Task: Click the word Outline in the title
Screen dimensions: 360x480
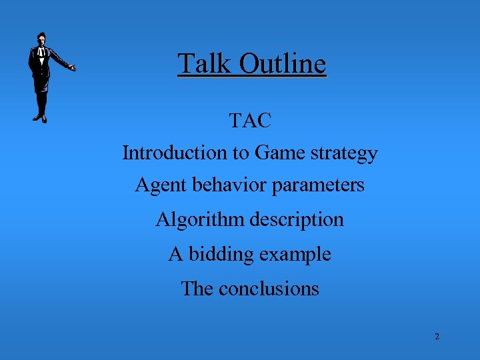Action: click(283, 64)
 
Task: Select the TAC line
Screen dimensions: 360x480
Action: click(250, 121)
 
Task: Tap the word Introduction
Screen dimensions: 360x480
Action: click(175, 153)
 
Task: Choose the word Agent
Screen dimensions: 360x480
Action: click(160, 185)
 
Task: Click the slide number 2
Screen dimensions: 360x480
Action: click(437, 337)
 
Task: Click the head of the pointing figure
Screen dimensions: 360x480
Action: click(43, 38)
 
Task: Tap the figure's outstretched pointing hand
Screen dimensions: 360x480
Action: click(72, 67)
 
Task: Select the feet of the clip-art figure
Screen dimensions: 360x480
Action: click(41, 118)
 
